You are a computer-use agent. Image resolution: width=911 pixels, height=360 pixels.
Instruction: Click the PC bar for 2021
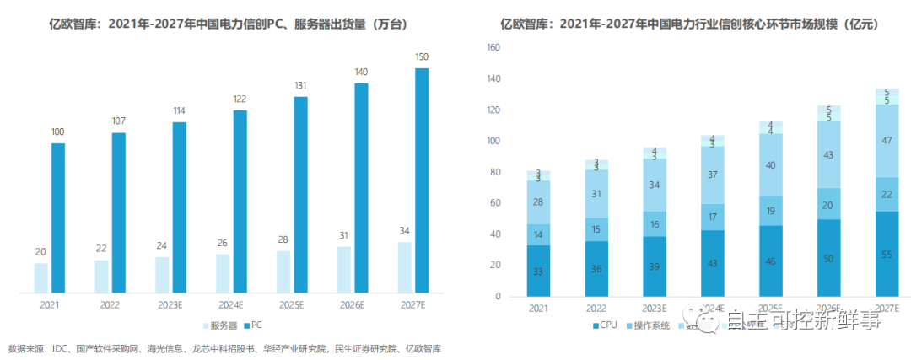click(58, 218)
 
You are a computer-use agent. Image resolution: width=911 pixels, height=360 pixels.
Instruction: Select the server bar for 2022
click(101, 277)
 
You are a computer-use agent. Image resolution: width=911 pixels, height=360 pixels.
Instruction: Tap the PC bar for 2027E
click(422, 181)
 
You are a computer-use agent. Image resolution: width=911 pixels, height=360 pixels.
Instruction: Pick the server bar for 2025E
click(283, 272)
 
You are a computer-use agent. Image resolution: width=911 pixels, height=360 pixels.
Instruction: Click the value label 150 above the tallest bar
click(422, 56)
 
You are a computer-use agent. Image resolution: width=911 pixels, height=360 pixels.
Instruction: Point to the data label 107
click(119, 121)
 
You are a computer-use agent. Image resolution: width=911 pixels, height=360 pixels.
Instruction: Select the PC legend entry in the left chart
click(253, 325)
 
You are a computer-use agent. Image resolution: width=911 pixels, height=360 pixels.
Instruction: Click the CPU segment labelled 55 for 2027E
click(886, 254)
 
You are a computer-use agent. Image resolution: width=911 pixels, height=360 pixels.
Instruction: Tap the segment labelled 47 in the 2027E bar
click(886, 141)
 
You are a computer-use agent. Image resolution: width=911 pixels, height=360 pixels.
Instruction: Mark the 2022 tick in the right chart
click(596, 309)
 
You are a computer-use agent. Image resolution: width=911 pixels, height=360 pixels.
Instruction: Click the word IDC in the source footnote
click(62, 348)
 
